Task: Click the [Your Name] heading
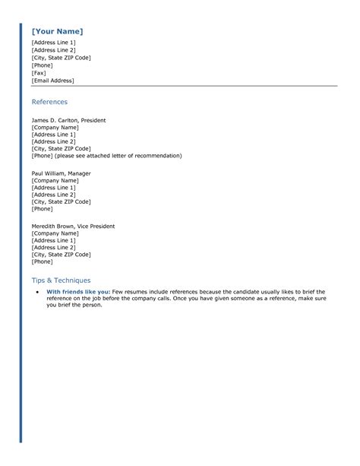[58, 31]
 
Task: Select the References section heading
[49, 102]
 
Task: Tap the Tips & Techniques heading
[61, 280]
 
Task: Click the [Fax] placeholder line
[39, 73]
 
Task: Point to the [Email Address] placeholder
[52, 81]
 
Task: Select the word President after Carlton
[93, 120]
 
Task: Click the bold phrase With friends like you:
[79, 291]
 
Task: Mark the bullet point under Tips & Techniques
[37, 291]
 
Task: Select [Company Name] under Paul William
[55, 180]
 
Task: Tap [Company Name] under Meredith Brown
[55, 233]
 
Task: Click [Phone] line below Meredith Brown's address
[42, 262]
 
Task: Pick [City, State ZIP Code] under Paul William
[61, 201]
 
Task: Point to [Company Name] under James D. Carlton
[55, 128]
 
